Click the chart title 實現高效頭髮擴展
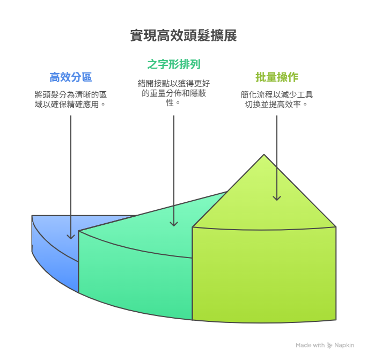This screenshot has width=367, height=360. [x=183, y=35]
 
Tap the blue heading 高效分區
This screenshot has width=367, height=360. [x=71, y=77]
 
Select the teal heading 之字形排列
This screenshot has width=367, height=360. [x=174, y=64]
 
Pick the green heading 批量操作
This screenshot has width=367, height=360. [x=277, y=77]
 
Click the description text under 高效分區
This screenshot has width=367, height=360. [x=71, y=99]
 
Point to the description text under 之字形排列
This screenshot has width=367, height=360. [x=174, y=93]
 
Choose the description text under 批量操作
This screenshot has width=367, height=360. [x=277, y=99]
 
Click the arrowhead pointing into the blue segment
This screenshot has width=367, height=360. [x=71, y=237]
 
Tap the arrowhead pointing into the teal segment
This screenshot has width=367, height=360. [x=174, y=224]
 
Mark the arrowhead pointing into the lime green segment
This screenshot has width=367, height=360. [x=277, y=199]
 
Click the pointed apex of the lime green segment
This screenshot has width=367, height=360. [x=264, y=155]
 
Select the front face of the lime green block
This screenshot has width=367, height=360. [x=264, y=275]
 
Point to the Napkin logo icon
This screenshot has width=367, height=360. [x=329, y=346]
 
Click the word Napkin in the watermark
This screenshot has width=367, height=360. [x=344, y=346]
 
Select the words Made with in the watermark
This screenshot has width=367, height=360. [x=310, y=346]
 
